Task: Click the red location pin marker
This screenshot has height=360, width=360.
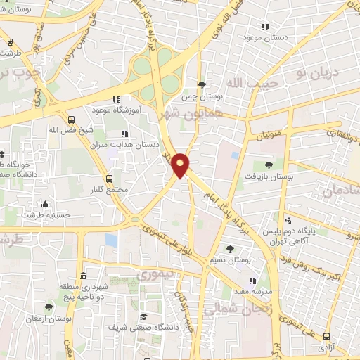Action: [x=181, y=165]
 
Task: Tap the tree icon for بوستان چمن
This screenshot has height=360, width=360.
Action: [x=202, y=85]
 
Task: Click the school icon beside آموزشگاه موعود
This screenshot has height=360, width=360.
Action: [x=116, y=99]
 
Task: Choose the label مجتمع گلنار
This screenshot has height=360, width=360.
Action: [x=108, y=190]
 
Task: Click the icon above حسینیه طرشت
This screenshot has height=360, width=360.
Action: [x=46, y=205]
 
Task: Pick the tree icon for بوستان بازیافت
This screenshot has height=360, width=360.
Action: [x=269, y=165]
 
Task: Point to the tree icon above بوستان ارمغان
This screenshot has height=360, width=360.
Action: [x=49, y=307]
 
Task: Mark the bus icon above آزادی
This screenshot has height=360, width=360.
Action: [x=326, y=337]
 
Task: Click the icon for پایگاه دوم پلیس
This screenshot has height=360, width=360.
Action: [x=288, y=220]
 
